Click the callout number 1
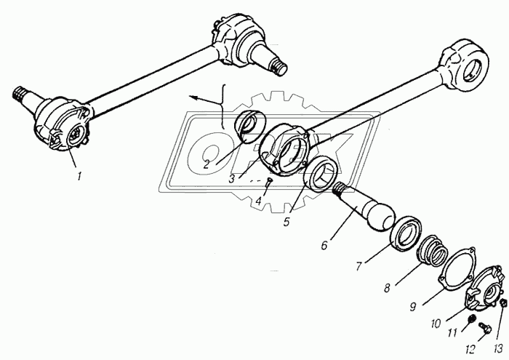click(x=79, y=177)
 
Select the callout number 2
click(x=207, y=164)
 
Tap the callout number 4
click(x=258, y=201)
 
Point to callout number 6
click(x=324, y=245)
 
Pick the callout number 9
click(x=412, y=306)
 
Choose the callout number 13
click(x=498, y=349)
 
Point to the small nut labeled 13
click(x=503, y=303)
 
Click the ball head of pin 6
click(x=380, y=216)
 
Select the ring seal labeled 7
click(x=406, y=233)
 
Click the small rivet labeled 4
click(x=269, y=182)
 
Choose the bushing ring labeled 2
click(x=250, y=127)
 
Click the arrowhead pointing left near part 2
click(x=193, y=97)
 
